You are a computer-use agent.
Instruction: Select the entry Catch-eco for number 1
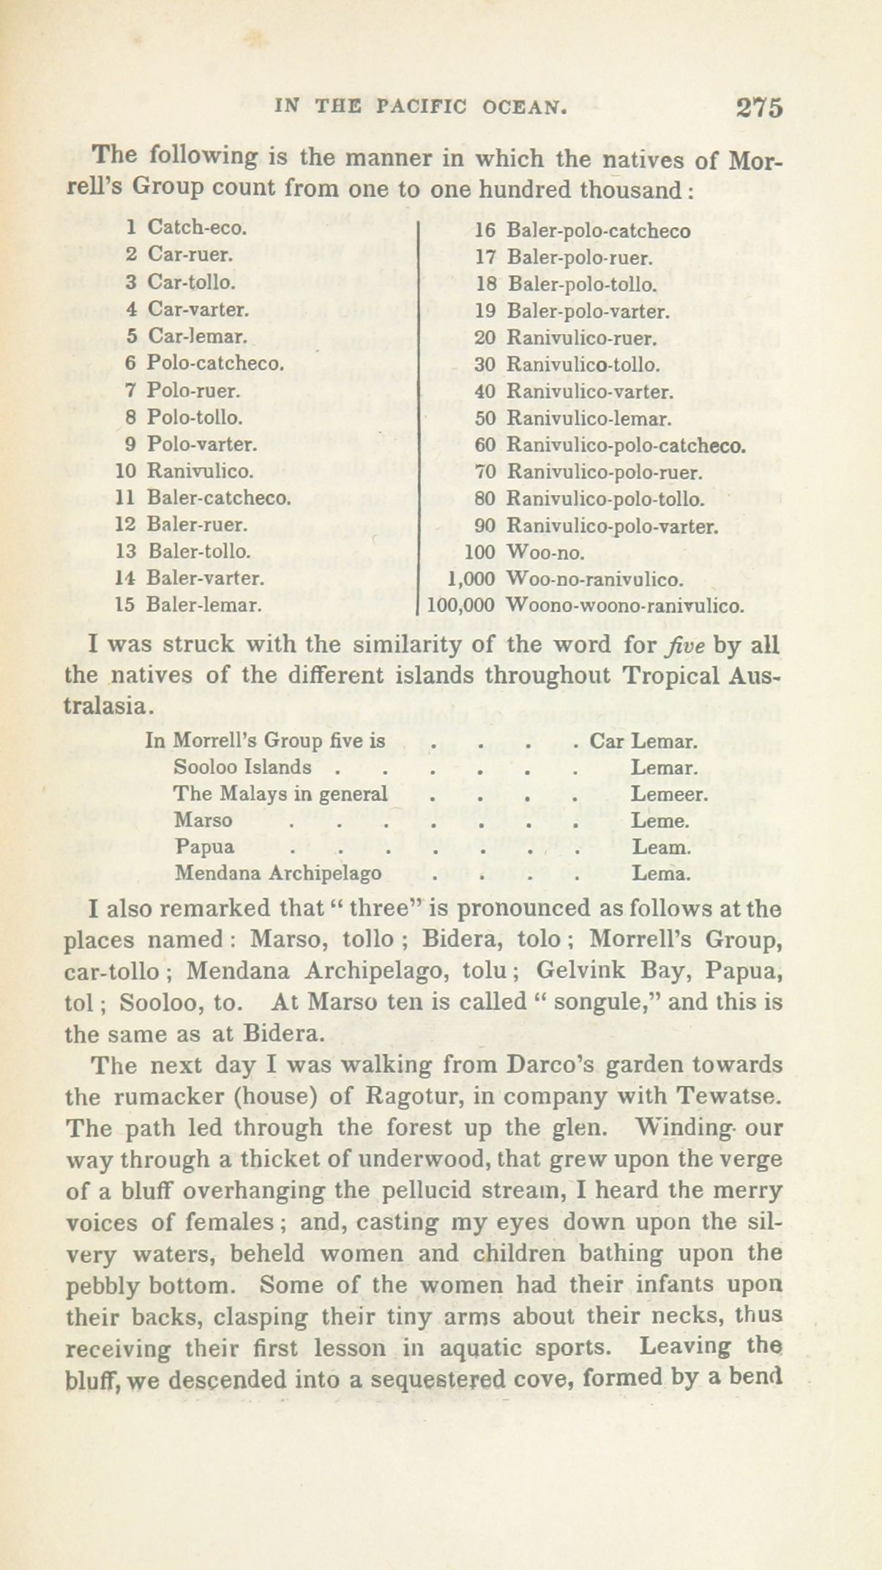tap(197, 228)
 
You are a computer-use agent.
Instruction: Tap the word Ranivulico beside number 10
tap(201, 471)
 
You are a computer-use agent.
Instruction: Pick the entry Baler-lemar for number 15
tap(204, 605)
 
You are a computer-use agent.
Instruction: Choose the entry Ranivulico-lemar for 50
tap(588, 420)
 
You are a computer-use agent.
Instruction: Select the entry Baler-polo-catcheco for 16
tap(598, 231)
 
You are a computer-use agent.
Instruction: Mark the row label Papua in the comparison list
tap(205, 847)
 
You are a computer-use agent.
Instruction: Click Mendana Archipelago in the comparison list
tap(277, 874)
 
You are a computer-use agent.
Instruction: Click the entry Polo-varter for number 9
tap(201, 444)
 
